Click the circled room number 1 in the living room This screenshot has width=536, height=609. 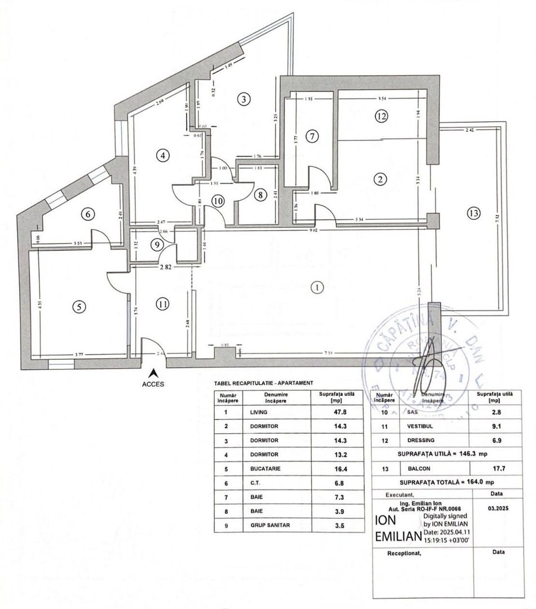318,288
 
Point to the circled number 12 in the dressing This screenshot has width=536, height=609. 382,117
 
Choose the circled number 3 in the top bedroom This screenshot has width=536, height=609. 242,100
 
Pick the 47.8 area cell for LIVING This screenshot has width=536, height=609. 338,412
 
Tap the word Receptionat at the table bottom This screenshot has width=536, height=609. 404,554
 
